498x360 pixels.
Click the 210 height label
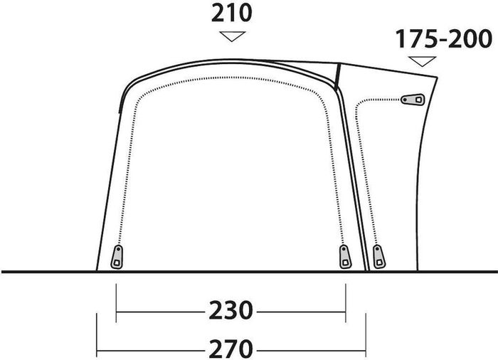pos(231,14)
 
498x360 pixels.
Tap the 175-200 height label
pos(443,39)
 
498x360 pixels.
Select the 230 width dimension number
pos(231,310)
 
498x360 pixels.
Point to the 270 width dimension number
pos(231,349)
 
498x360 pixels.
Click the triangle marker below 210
pos(233,36)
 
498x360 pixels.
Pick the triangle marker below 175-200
pos(422,61)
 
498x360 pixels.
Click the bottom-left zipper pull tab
pos(117,257)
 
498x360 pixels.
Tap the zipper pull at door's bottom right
pos(345,256)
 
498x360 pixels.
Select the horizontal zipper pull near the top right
pos(413,100)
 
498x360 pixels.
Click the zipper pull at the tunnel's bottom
pos(379,256)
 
